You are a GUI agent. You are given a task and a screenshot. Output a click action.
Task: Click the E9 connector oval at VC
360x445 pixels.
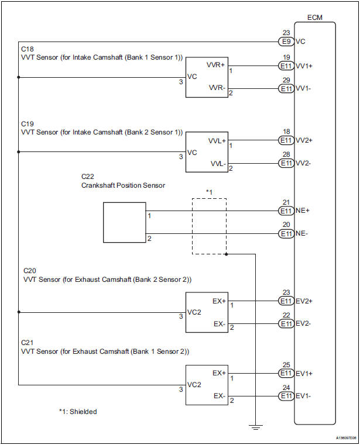[x=286, y=42]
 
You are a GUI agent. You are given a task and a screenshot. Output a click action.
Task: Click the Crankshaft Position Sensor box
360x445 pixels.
[x=125, y=222]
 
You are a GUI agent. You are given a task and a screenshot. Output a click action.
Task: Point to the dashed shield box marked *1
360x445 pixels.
[x=209, y=226]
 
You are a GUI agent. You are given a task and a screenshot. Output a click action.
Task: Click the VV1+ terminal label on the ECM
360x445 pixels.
[x=304, y=67]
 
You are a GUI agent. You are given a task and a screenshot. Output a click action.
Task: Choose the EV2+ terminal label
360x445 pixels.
[x=304, y=302]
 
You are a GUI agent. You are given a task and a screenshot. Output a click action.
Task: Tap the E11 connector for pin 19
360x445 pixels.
[x=286, y=67]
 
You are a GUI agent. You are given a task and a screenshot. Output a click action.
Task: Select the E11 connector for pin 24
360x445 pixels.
[x=286, y=396]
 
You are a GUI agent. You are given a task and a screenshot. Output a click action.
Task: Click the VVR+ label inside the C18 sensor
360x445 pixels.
[x=215, y=65]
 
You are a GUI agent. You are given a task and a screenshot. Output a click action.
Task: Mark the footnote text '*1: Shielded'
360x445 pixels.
[x=78, y=412]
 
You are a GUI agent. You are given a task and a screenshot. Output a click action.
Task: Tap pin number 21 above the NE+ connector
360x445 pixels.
[x=286, y=202]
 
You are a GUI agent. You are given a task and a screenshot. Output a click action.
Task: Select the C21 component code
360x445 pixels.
[x=28, y=342]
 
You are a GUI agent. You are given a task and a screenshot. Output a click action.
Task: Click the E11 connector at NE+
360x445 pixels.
[x=286, y=211]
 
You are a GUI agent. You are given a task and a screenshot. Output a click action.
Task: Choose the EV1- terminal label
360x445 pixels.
[x=304, y=396]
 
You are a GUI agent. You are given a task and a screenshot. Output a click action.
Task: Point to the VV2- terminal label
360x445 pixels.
[x=304, y=163]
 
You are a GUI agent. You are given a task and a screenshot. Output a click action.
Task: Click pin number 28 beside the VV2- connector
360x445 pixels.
[x=286, y=154]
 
